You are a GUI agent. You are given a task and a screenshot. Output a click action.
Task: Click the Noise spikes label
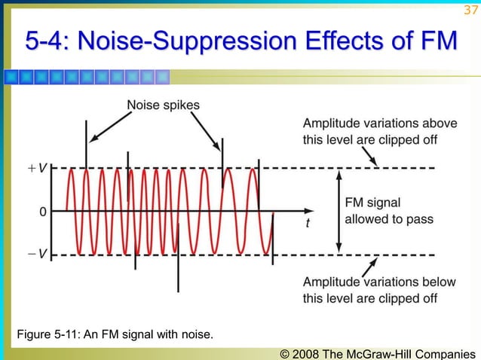(x=164, y=105)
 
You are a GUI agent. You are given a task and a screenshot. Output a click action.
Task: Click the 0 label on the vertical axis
(x=44, y=212)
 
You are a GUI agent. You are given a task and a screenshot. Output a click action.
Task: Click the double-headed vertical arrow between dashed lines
(x=339, y=211)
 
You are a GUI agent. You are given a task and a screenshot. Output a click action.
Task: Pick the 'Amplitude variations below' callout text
(x=379, y=282)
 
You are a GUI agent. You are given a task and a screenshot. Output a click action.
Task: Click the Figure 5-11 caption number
(x=71, y=334)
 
